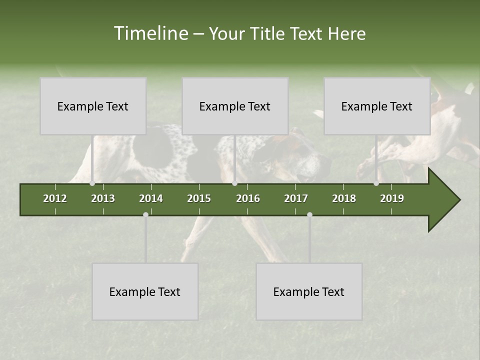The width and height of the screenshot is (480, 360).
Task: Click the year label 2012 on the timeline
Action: point(55,198)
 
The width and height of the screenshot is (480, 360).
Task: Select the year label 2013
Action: point(103,198)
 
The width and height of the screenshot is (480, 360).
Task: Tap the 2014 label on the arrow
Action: point(151,198)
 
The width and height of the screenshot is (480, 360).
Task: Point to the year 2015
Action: point(199,198)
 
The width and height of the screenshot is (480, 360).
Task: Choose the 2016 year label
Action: point(248,198)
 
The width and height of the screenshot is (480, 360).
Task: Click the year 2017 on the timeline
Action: point(296,198)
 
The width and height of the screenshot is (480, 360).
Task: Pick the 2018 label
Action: point(344,198)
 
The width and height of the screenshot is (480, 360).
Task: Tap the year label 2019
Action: point(392,198)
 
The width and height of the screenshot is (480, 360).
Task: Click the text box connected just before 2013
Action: point(93,106)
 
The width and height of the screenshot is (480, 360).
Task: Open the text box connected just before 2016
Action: point(235,106)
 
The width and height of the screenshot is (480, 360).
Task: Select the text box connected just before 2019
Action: point(377,106)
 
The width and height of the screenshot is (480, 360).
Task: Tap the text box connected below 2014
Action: point(145,291)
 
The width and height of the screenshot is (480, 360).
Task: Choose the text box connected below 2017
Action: point(309,291)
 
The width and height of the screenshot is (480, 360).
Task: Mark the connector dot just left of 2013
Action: point(92,183)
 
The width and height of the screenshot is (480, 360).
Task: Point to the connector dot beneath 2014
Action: point(145,214)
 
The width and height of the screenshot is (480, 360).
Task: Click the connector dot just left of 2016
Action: point(234,183)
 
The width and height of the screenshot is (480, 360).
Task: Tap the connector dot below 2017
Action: point(309,214)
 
